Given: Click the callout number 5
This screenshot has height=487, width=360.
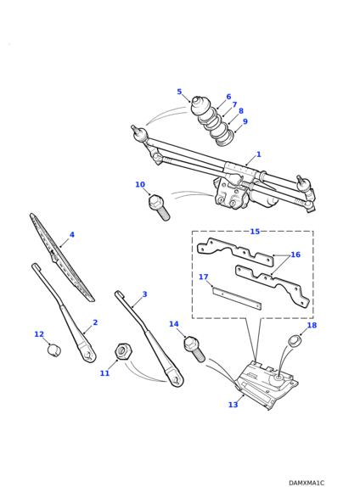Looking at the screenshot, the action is click(x=179, y=92).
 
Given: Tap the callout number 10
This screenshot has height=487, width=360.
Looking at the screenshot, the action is click(x=140, y=184).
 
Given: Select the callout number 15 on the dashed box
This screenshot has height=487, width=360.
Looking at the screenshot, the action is click(x=255, y=232).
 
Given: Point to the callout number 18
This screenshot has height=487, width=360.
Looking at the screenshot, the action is click(x=312, y=325).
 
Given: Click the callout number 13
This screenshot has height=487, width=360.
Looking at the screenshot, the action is click(x=233, y=405).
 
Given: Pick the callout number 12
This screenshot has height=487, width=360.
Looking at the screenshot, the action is click(x=39, y=334).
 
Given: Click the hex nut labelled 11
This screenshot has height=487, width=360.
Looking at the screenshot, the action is click(x=124, y=351).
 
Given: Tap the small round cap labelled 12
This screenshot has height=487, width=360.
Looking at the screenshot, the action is click(x=54, y=350).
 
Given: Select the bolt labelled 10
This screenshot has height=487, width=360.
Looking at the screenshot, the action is click(x=159, y=207).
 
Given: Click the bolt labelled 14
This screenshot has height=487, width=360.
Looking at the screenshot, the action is click(x=194, y=350).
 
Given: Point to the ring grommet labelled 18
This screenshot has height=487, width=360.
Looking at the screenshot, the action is click(x=294, y=341).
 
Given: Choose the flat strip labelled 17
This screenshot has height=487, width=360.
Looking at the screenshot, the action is click(x=237, y=299).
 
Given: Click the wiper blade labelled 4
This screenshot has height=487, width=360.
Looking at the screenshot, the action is click(x=61, y=256).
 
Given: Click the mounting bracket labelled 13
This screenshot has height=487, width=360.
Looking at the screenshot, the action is click(x=266, y=384).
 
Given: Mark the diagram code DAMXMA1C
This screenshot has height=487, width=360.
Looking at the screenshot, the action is click(x=307, y=483).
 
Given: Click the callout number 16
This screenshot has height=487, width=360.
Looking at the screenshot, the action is click(x=295, y=255).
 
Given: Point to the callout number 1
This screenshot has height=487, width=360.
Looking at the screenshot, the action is click(x=258, y=154).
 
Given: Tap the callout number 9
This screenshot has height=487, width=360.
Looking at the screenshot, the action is click(x=245, y=121).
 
